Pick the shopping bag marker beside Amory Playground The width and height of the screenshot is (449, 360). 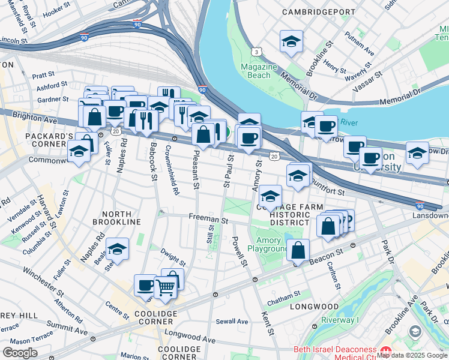coord(298,250)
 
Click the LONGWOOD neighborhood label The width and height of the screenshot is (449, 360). coord(314,307)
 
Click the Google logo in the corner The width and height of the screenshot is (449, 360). coord(20,353)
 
